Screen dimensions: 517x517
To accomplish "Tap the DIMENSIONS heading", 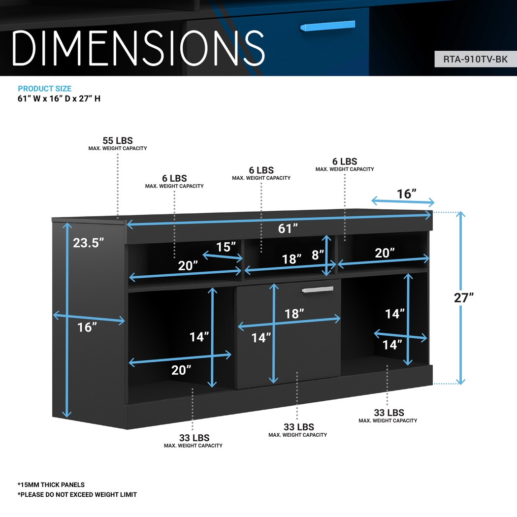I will coord(138,48).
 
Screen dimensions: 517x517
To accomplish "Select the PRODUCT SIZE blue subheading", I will coord(45,89).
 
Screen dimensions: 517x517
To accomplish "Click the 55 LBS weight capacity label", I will coord(118,141).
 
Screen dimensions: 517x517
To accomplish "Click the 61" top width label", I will coord(289,228).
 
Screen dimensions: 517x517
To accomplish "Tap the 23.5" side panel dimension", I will coord(89,242).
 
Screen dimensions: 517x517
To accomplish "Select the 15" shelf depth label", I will coord(226,247).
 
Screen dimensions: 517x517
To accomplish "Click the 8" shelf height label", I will coord(318,255).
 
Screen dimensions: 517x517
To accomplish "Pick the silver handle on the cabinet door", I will coord(318,290).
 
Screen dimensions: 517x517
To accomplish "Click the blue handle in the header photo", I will coord(327,26).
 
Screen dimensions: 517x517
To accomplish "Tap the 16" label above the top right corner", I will coord(407,194).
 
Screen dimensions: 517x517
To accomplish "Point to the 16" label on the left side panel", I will coord(87,327).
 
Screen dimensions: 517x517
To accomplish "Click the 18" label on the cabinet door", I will coord(294,313).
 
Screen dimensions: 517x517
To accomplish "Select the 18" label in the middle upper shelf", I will coord(292,259).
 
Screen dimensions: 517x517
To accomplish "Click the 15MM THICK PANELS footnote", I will coord(51,485).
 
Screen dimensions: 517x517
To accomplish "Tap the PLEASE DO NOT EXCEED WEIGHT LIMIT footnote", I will coord(77,494).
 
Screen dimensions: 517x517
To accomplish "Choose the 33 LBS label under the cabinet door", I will coord(298,427).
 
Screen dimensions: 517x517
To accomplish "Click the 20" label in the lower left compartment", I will coord(181,370).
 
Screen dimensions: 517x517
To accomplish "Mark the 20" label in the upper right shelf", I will coord(385,253).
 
